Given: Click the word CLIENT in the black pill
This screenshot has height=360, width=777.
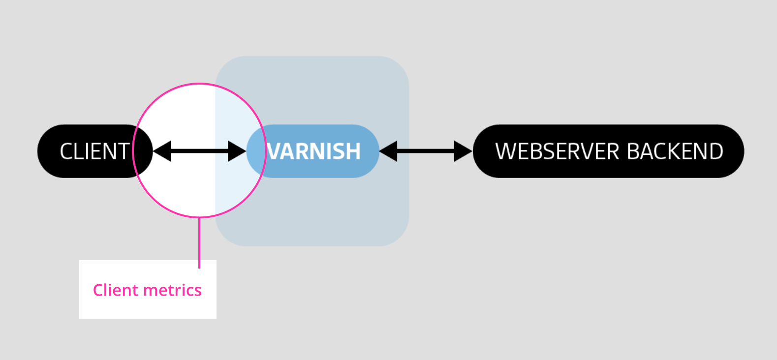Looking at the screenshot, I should coord(94,151).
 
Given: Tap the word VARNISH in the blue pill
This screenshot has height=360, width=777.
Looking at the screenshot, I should coord(314,151).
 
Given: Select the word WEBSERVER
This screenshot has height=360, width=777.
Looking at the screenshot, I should coord(557,151).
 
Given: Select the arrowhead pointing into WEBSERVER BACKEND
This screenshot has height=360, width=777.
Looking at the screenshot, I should coord(463,151).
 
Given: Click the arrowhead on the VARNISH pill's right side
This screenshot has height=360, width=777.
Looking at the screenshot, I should coord(388,151).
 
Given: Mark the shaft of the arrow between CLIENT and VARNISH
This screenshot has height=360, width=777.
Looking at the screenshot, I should coord(199,151).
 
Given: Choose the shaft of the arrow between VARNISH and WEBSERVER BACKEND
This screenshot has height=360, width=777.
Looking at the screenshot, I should coord(426,151).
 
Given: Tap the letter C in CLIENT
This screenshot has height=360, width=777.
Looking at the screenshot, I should coord(66,151).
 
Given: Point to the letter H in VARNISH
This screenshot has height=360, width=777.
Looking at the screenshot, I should coord(353,151).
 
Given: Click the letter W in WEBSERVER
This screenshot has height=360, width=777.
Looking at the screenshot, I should coord(505,151).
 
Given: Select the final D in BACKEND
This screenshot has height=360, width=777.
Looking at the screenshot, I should coord(716,151).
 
